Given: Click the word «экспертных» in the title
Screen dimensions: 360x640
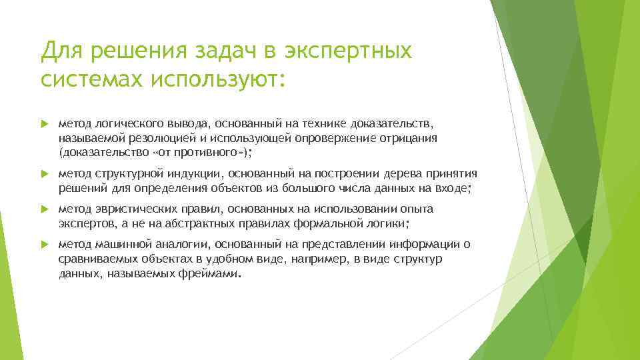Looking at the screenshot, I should (x=348, y=51).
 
